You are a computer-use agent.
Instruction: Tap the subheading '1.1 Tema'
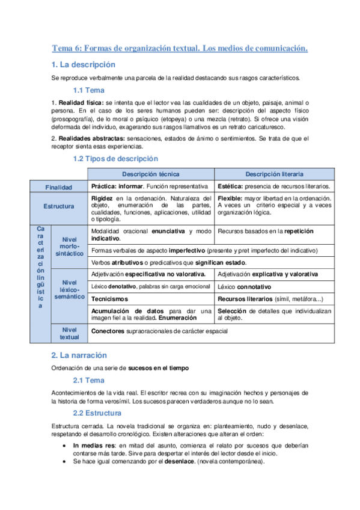pos(88,91)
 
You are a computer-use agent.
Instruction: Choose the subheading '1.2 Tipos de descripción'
pos(115,159)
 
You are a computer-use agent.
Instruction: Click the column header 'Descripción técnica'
pos(151,174)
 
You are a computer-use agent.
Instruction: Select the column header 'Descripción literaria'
pos(274,174)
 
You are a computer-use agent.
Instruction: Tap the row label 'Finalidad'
pos(59,187)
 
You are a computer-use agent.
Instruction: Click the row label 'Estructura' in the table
pos(59,206)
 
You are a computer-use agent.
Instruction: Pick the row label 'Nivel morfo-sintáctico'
pos(69,247)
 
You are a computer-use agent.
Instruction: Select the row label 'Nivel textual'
pos(69,333)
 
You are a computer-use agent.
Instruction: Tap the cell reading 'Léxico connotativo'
pos(245,286)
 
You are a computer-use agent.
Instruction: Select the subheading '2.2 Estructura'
pos(97,413)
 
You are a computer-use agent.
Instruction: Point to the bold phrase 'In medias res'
pos(94,446)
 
